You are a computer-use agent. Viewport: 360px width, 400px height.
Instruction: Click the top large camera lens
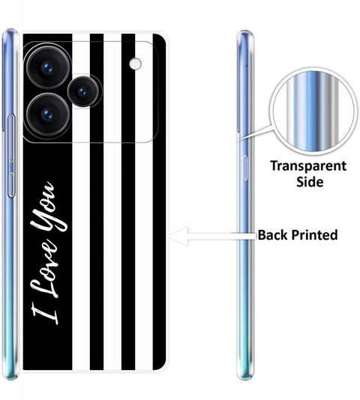click(x=48, y=68)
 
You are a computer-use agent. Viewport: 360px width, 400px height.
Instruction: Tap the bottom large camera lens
click(x=48, y=115)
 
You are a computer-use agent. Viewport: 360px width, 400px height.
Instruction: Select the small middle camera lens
click(x=83, y=91)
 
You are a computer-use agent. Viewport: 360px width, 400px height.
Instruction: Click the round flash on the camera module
click(x=135, y=63)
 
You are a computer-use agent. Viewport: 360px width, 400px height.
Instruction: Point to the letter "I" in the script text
click(x=45, y=315)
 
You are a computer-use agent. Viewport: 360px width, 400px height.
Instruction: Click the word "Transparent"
click(x=308, y=166)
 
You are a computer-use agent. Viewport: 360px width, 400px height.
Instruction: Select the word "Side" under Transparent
click(x=310, y=181)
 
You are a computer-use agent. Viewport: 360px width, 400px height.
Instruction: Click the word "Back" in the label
click(x=272, y=234)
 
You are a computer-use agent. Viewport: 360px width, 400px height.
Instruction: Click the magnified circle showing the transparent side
click(x=313, y=111)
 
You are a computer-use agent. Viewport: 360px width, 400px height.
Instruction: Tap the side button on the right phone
click(x=244, y=168)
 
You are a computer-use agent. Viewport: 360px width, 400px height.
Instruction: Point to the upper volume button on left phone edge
click(x=11, y=138)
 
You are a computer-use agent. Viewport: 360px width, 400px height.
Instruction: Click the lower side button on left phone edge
click(x=11, y=185)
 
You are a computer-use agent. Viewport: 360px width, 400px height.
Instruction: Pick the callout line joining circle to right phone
click(x=256, y=133)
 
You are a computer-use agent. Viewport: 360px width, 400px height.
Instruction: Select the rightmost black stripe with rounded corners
click(x=159, y=201)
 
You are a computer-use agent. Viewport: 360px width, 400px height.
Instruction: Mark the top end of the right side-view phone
click(x=245, y=31)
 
